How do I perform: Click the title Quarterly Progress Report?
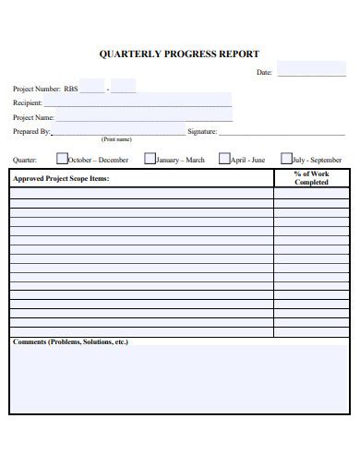[179, 54]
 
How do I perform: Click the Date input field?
[311, 70]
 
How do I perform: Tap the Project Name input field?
[143, 116]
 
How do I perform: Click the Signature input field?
[282, 131]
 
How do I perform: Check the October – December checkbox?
[63, 159]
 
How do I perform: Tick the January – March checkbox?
[149, 159]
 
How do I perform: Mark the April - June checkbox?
[224, 159]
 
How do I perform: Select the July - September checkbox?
[286, 159]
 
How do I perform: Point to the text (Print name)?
[116, 139]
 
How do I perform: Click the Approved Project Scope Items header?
[61, 178]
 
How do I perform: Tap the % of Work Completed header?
[311, 178]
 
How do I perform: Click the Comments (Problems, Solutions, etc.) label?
[70, 341]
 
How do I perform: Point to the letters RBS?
[71, 89]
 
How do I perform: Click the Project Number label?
[35, 89]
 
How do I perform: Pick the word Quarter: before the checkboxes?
[24, 160]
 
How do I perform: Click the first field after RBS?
[92, 88]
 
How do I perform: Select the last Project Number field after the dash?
[124, 88]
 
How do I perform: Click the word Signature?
[201, 132]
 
